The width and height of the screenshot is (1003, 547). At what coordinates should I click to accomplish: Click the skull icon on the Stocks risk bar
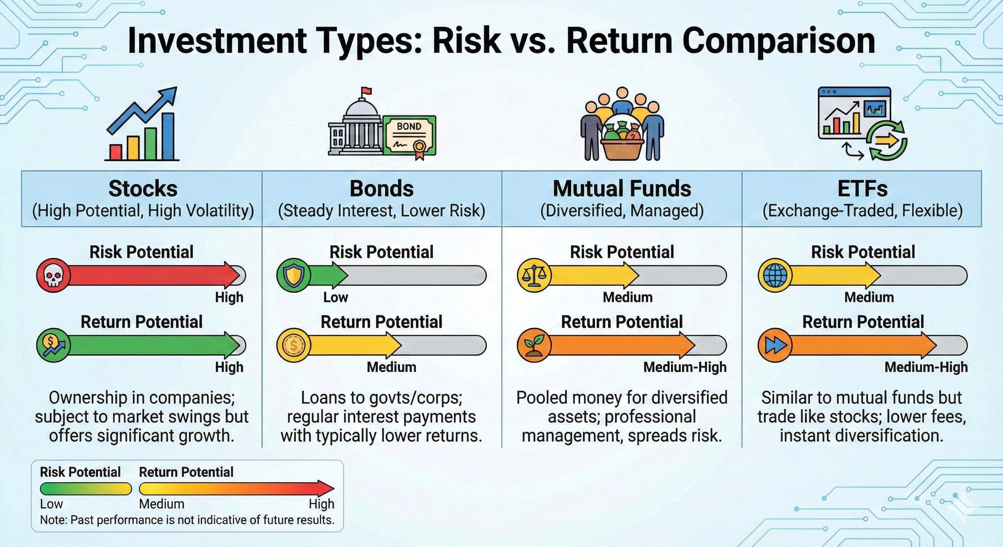53,275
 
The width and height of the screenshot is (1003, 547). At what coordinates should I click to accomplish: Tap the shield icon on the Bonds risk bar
293,275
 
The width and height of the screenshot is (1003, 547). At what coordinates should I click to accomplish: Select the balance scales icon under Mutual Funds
534,275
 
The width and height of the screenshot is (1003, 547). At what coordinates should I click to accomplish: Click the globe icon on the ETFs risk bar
774,275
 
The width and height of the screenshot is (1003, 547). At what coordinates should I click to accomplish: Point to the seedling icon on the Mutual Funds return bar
534,345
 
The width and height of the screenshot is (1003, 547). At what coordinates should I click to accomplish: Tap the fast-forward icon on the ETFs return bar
774,345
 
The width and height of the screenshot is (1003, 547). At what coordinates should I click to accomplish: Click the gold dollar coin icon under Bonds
293,345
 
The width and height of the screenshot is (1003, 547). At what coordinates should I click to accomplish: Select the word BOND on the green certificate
409,126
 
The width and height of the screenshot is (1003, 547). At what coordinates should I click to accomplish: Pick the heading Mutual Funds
622,189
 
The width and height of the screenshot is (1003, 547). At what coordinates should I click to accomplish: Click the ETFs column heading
862,189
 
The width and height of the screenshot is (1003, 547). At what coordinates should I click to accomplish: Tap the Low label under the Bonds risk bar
335,297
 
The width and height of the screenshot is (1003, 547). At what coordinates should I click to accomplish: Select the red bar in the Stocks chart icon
116,152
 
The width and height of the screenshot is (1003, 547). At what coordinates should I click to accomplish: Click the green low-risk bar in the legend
85,489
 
